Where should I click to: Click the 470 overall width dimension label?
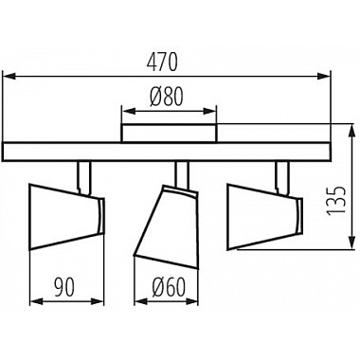pos(162,63)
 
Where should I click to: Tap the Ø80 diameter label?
pos(167,96)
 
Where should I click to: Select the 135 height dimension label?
pos(336,201)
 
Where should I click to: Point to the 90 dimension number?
pos(64,287)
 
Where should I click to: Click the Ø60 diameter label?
pos(168,288)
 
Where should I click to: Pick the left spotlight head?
pos(66,217)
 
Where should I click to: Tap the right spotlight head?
pos(265,217)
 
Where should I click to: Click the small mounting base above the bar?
pos(170,134)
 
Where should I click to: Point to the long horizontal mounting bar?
pos(167,152)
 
